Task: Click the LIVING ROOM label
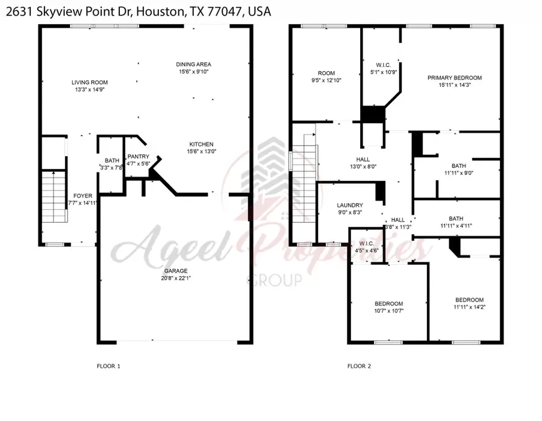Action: click(90, 83)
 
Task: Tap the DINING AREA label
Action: click(193, 65)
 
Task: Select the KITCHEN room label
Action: click(202, 144)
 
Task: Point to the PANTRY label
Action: click(139, 157)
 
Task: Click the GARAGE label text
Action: click(176, 271)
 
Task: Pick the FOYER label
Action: click(83, 196)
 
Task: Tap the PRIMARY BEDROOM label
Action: click(455, 78)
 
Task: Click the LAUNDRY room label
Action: click(350, 205)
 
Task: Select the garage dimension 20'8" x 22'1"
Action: click(176, 279)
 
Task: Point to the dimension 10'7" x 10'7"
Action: click(389, 311)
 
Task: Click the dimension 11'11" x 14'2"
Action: click(469, 307)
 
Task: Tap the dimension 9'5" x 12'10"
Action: click(326, 80)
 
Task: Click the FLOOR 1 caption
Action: click(108, 366)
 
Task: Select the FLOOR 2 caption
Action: click(359, 366)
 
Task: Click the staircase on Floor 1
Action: click(54, 196)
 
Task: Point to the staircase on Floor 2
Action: click(305, 178)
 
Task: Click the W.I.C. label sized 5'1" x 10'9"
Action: click(384, 65)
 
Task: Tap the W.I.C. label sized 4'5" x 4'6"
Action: click(366, 244)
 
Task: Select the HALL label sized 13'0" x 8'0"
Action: click(363, 159)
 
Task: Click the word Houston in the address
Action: click(160, 12)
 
